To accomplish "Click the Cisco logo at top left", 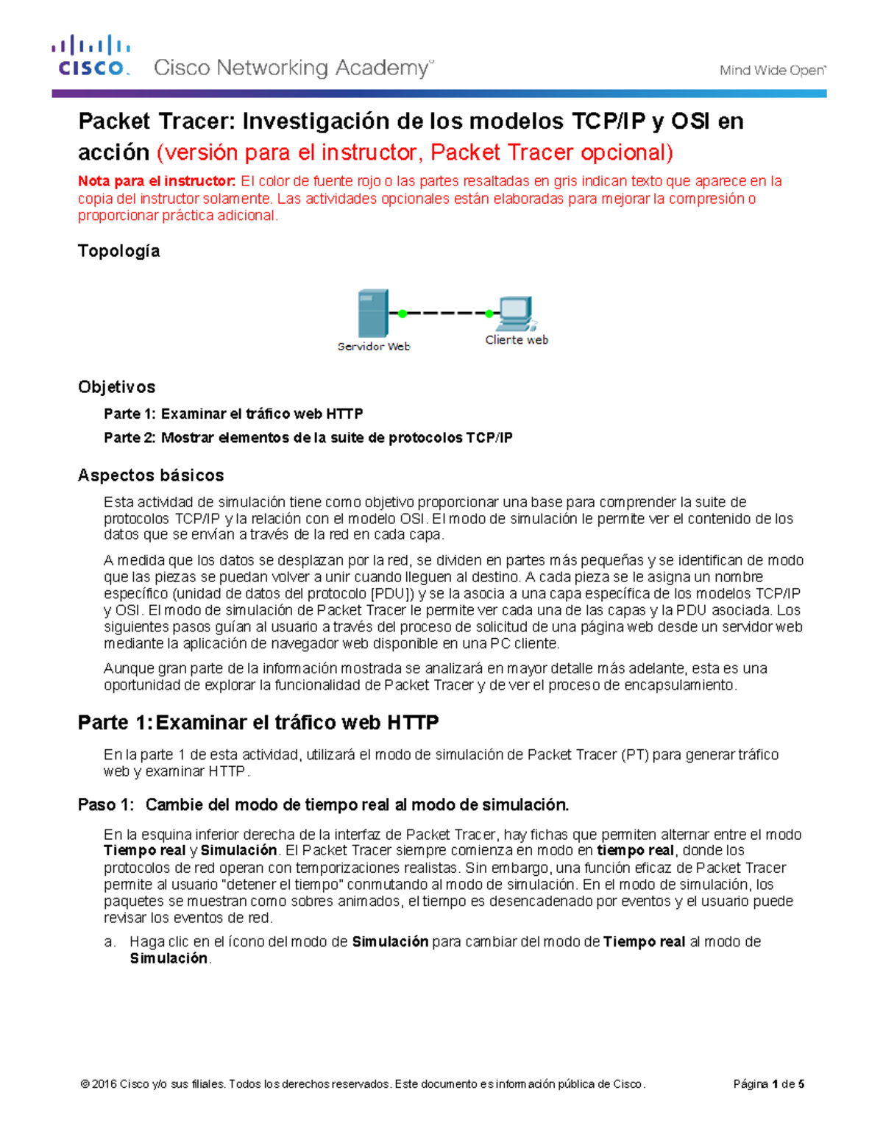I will pos(91,56).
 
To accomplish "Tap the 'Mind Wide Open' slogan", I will pos(772,71).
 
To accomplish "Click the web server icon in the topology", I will pos(372,313).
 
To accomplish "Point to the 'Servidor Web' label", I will pos(373,347).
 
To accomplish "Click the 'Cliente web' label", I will pos(517,340).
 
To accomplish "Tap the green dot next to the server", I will pos(403,314).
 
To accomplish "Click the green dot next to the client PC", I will pos(489,314).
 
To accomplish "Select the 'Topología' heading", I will pos(118,251).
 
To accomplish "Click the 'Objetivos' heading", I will pos(116,387).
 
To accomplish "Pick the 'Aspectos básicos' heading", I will pos(151,475).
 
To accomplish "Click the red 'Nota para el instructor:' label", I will pos(157,181).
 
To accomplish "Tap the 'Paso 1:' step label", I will pos(106,805).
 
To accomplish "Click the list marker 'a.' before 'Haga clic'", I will pos(110,942).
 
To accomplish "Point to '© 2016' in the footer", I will pos(99,1084).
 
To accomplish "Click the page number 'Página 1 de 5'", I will pos(768,1084).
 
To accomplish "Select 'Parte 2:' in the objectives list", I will pos(130,438).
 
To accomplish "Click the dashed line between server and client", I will pos(446,314).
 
